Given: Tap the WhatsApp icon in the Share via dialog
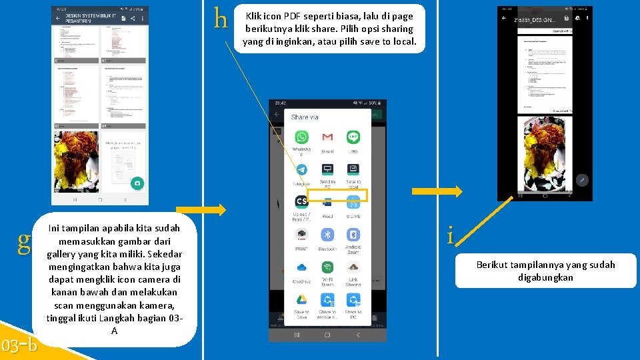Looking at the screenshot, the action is tap(302, 137).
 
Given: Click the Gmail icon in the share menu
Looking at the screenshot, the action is tap(327, 137).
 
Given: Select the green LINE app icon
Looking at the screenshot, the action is tap(353, 137).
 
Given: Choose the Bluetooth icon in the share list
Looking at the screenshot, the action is tap(327, 235).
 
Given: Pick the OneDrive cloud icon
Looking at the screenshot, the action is tap(301, 267).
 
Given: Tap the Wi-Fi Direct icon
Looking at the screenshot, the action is tap(327, 267).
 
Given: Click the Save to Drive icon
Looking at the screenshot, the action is tap(301, 300).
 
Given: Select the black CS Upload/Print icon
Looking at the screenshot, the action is tap(301, 202).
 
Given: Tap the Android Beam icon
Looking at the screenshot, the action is tap(353, 235).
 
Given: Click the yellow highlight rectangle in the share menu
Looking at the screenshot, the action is tap(352, 195).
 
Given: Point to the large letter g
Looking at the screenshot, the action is tap(24, 241).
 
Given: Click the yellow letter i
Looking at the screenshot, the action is tap(451, 235).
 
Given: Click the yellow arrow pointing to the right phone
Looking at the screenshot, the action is tap(436, 192).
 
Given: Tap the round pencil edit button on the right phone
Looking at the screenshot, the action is tap(581, 180).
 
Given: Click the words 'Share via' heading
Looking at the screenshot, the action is tap(305, 117).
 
